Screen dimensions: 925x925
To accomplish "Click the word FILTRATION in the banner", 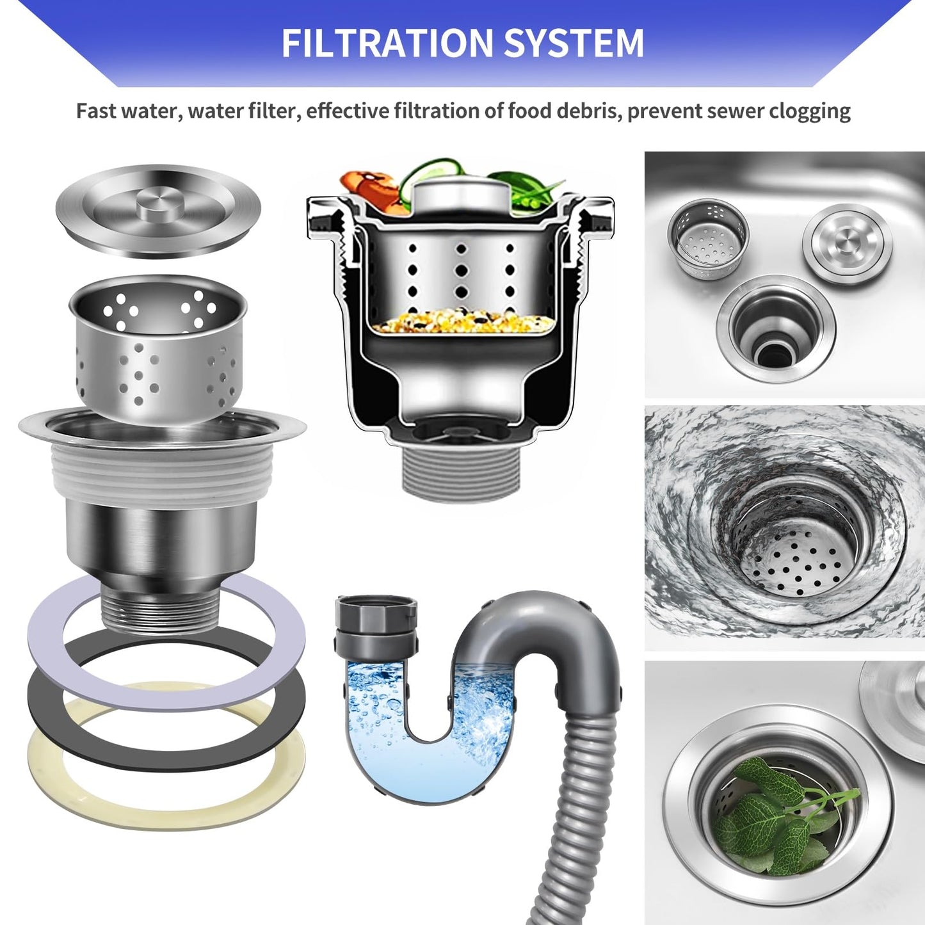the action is tap(387, 43).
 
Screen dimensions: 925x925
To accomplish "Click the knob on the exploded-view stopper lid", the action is tap(159, 203).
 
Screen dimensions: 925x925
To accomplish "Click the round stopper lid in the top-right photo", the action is tap(847, 245).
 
